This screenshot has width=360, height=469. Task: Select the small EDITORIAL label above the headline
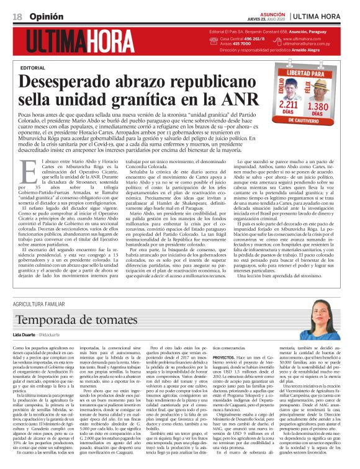pos(34,67)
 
